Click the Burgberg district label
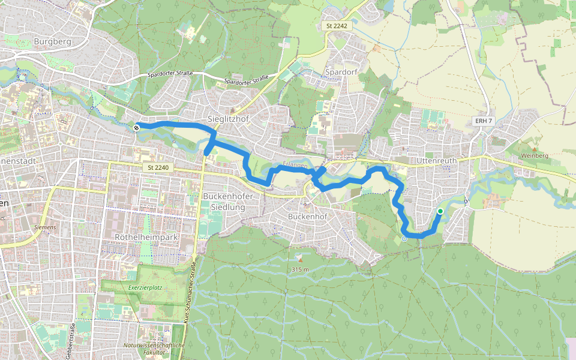coord(53,41)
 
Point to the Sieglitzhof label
coord(227,119)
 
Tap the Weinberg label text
coord(536,155)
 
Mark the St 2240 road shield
coord(155,168)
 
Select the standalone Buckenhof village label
coord(307,216)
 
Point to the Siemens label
coord(45,227)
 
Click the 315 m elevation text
coord(300,269)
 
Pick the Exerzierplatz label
coord(146,287)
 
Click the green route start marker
coord(440,211)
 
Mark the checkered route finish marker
coord(137,127)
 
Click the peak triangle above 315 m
coord(299,259)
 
